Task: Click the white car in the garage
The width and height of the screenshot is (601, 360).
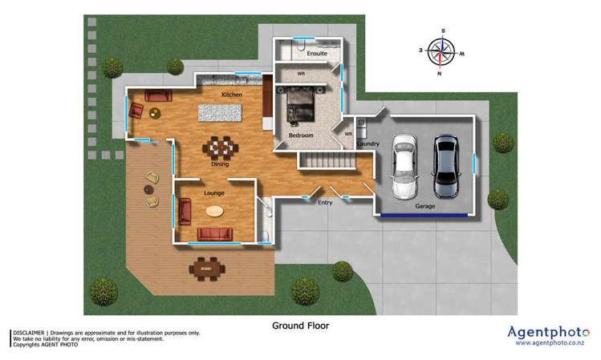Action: (x=404, y=167)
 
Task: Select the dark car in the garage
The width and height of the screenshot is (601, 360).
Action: (x=445, y=167)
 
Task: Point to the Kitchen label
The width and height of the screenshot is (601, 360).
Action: (x=232, y=95)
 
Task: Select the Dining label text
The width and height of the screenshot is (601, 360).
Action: (x=220, y=164)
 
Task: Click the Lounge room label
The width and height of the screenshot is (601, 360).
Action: (x=213, y=193)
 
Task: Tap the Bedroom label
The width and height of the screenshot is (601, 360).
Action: (x=301, y=136)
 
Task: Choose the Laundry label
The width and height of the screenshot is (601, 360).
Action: (x=368, y=144)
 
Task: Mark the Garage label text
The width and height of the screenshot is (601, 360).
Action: (x=425, y=206)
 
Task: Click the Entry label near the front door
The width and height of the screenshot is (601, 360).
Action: (x=325, y=202)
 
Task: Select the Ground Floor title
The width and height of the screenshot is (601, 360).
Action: (x=300, y=326)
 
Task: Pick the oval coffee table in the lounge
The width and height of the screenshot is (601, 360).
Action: (x=214, y=212)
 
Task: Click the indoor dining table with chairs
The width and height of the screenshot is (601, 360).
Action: (x=220, y=148)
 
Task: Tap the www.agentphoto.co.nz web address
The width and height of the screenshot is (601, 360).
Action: (x=549, y=343)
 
